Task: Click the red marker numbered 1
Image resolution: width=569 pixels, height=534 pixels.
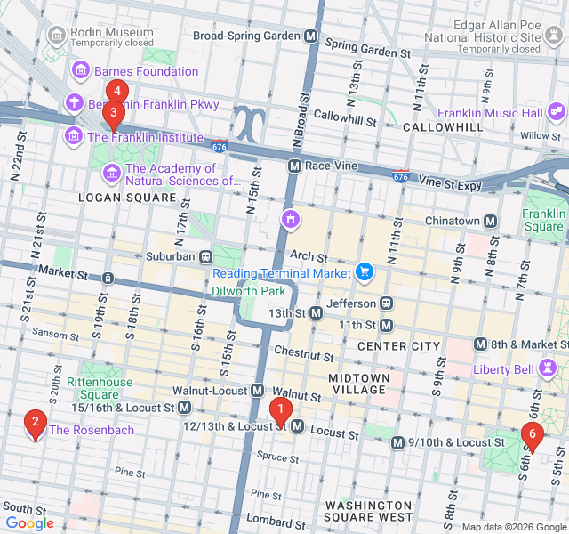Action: [281, 411]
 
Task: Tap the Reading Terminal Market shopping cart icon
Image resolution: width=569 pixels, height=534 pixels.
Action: [364, 271]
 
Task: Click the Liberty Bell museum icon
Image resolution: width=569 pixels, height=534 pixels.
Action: [549, 368]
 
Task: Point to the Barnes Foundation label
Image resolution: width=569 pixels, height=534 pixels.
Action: [146, 71]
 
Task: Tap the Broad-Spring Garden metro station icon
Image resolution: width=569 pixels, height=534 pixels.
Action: [310, 36]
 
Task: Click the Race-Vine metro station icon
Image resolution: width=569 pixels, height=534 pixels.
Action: [294, 166]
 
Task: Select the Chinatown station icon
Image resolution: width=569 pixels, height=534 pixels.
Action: [490, 221]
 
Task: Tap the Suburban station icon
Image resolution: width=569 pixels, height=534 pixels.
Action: [205, 256]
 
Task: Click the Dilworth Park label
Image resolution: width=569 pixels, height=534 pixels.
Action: [248, 290]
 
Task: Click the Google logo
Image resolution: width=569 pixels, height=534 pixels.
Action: [29, 523]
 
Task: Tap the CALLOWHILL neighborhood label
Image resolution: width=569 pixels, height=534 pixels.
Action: [443, 127]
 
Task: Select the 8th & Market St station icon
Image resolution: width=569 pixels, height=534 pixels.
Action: [480, 344]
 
